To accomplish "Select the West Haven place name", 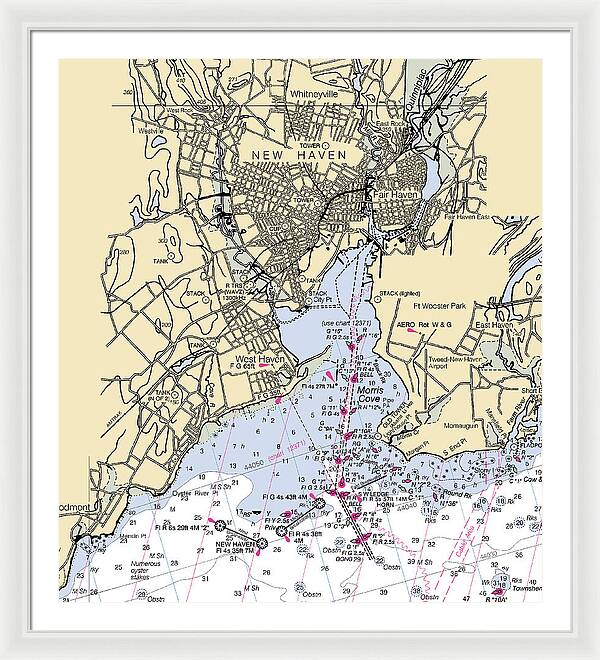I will point(259,359).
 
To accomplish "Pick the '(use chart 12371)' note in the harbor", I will point(343,324).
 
